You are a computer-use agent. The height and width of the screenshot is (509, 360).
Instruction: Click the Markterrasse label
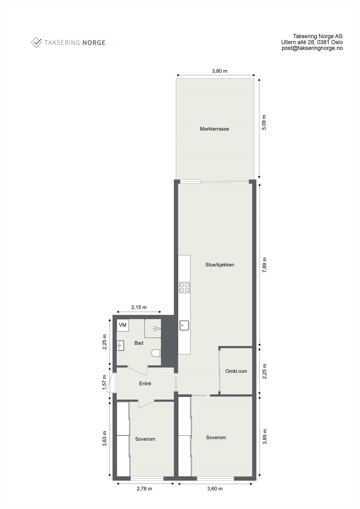pyautogui.click(x=214, y=129)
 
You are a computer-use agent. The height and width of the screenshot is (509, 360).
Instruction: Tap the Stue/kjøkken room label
pyautogui.click(x=220, y=265)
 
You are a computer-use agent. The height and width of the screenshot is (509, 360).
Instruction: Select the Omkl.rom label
pyautogui.click(x=236, y=371)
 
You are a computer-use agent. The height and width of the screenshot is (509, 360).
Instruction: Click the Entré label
pyautogui.click(x=145, y=384)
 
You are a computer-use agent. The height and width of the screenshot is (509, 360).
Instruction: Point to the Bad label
pyautogui.click(x=139, y=343)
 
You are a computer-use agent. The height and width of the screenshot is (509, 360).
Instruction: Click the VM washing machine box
pyautogui.click(x=123, y=325)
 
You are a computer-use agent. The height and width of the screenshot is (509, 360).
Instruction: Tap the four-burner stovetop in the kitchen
pyautogui.click(x=184, y=287)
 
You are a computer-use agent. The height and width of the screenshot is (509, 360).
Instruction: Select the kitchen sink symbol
pyautogui.click(x=184, y=325)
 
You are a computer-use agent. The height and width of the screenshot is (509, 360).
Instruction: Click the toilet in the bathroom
pyautogui.click(x=156, y=353)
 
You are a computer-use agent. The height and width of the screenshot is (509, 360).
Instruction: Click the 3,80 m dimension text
pyautogui.click(x=220, y=71)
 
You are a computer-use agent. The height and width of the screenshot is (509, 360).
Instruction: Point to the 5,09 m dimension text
pyautogui.click(x=264, y=122)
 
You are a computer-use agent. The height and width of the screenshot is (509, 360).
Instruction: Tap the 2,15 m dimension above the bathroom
pyautogui.click(x=139, y=307)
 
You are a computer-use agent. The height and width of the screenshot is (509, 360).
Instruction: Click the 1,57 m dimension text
pyautogui.click(x=104, y=381)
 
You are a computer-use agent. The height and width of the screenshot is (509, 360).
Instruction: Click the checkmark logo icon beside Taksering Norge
pyautogui.click(x=36, y=42)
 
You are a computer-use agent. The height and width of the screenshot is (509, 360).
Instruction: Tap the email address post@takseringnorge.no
pyautogui.click(x=312, y=48)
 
